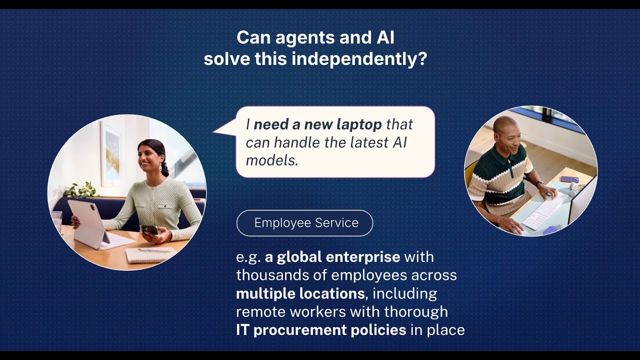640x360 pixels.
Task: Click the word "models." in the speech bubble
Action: [x=272, y=160]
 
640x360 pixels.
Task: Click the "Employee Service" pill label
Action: [x=304, y=223]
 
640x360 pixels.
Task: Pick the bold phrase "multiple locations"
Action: [x=300, y=293]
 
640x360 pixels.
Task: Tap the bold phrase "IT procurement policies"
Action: [x=320, y=330]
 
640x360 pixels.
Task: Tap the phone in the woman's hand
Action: [x=149, y=229]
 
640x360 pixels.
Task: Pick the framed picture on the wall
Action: [x=110, y=153]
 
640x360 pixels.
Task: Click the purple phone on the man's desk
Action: [x=569, y=179]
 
